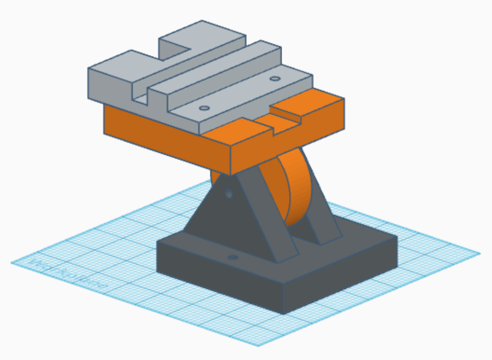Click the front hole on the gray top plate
point(204,108)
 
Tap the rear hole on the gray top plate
point(275,79)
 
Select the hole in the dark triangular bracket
point(229,194)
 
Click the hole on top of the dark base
point(233,257)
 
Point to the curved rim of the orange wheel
point(300,186)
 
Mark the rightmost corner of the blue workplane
point(480,253)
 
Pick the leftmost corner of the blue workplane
point(12,263)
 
